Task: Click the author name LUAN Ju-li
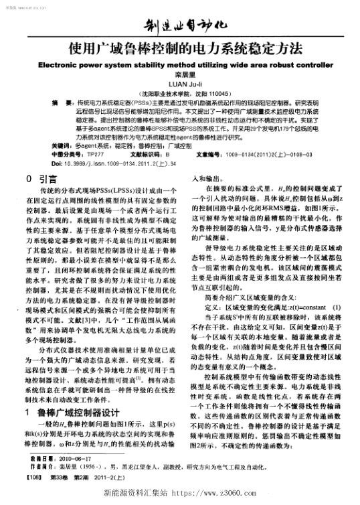click(x=179, y=85)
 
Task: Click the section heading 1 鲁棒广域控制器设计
click(x=74, y=394)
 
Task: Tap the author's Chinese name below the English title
click(x=179, y=76)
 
